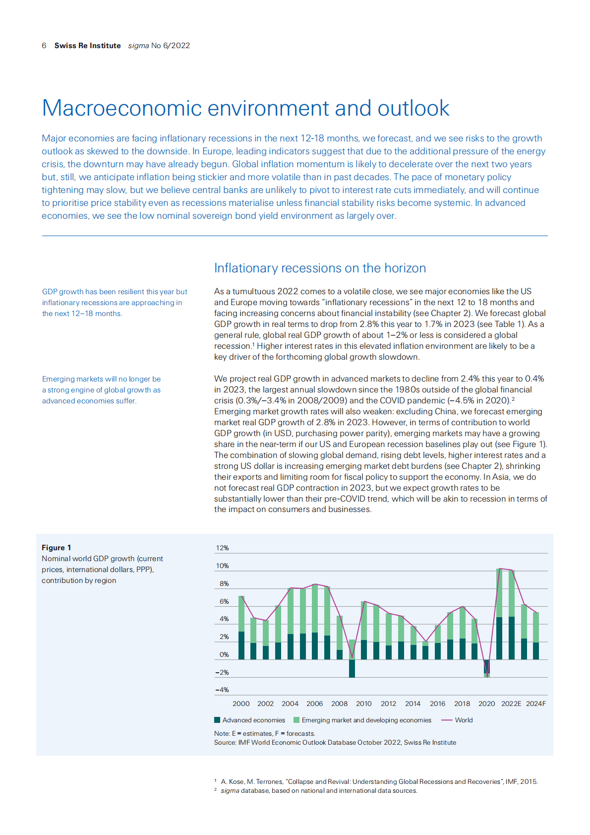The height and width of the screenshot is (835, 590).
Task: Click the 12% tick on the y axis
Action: (222, 548)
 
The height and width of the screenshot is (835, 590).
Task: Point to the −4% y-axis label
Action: (222, 690)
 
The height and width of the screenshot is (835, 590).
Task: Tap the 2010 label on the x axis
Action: (363, 704)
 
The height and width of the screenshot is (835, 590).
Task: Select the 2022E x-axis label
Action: (511, 704)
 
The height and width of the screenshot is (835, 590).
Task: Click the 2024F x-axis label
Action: (535, 704)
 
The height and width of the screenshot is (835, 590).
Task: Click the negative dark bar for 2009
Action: (352, 668)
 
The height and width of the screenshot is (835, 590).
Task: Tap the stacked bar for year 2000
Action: (241, 628)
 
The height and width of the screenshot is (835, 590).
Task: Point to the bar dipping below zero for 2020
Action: (486, 668)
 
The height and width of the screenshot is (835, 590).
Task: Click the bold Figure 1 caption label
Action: (57, 548)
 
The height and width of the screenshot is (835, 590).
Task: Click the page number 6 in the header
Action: (44, 46)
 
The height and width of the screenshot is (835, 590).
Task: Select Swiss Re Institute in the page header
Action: (88, 46)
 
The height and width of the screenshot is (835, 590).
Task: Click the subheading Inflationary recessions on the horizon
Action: (320, 268)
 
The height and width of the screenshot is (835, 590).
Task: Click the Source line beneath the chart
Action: (335, 743)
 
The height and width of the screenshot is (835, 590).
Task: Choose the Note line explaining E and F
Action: (265, 733)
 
